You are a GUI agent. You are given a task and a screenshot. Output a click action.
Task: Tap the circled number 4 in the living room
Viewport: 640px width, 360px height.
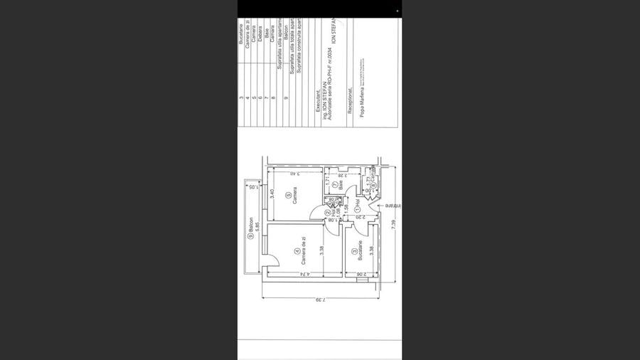click(x=297, y=251)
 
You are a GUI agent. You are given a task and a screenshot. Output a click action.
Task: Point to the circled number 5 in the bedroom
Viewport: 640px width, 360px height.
click(x=288, y=196)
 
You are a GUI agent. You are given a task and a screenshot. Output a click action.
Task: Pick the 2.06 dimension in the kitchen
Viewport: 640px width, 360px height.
click(x=362, y=273)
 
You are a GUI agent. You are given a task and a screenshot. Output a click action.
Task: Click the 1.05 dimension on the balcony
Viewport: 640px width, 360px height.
click(x=252, y=186)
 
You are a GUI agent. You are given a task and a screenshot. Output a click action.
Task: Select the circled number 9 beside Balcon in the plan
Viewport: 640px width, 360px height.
click(x=250, y=238)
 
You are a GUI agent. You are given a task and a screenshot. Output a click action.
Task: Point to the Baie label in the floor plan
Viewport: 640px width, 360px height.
click(x=341, y=184)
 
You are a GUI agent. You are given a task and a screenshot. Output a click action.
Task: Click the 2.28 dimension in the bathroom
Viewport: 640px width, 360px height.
click(x=343, y=174)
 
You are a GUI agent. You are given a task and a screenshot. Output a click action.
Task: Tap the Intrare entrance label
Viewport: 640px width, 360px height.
click(x=388, y=207)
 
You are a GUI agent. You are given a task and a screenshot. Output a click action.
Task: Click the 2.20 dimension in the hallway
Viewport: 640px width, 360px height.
click(x=363, y=216)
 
